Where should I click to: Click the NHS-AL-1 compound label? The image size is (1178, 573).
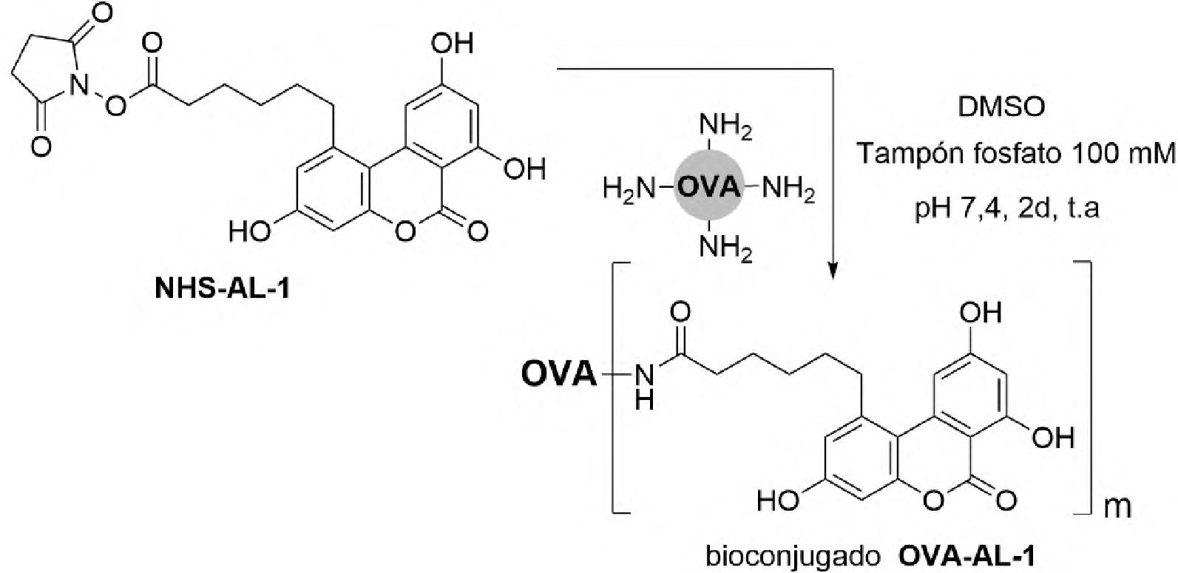tap(223, 288)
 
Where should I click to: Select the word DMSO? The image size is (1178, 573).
tap(1001, 107)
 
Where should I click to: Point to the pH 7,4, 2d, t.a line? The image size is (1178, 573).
tap(1006, 208)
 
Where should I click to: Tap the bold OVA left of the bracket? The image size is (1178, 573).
tap(558, 374)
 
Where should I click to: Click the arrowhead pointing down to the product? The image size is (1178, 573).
tap(833, 268)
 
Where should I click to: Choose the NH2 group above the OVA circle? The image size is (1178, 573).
tap(725, 128)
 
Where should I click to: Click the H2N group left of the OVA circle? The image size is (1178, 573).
tap(629, 189)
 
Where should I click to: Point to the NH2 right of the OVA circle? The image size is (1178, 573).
tap(788, 189)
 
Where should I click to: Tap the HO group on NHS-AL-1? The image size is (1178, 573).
tap(250, 231)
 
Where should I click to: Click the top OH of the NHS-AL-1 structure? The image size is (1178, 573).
tap(453, 43)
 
